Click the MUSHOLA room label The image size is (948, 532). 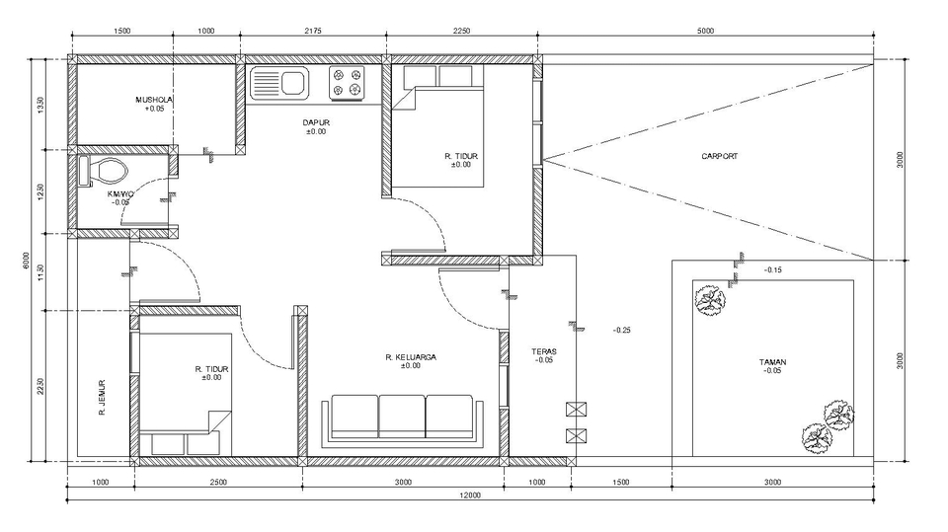click(155, 100)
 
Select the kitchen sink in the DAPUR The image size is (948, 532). click(280, 84)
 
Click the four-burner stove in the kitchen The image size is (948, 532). click(347, 83)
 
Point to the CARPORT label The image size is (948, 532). click(719, 156)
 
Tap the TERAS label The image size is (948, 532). click(544, 350)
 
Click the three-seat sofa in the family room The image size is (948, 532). click(402, 418)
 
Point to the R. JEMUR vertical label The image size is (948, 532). click(102, 398)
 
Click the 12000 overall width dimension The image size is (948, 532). click(469, 496)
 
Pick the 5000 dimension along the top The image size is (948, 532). click(704, 31)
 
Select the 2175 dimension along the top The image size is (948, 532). click(314, 31)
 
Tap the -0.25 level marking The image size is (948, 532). click(621, 330)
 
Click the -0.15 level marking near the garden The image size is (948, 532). click(772, 270)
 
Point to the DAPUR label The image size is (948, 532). click(315, 122)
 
